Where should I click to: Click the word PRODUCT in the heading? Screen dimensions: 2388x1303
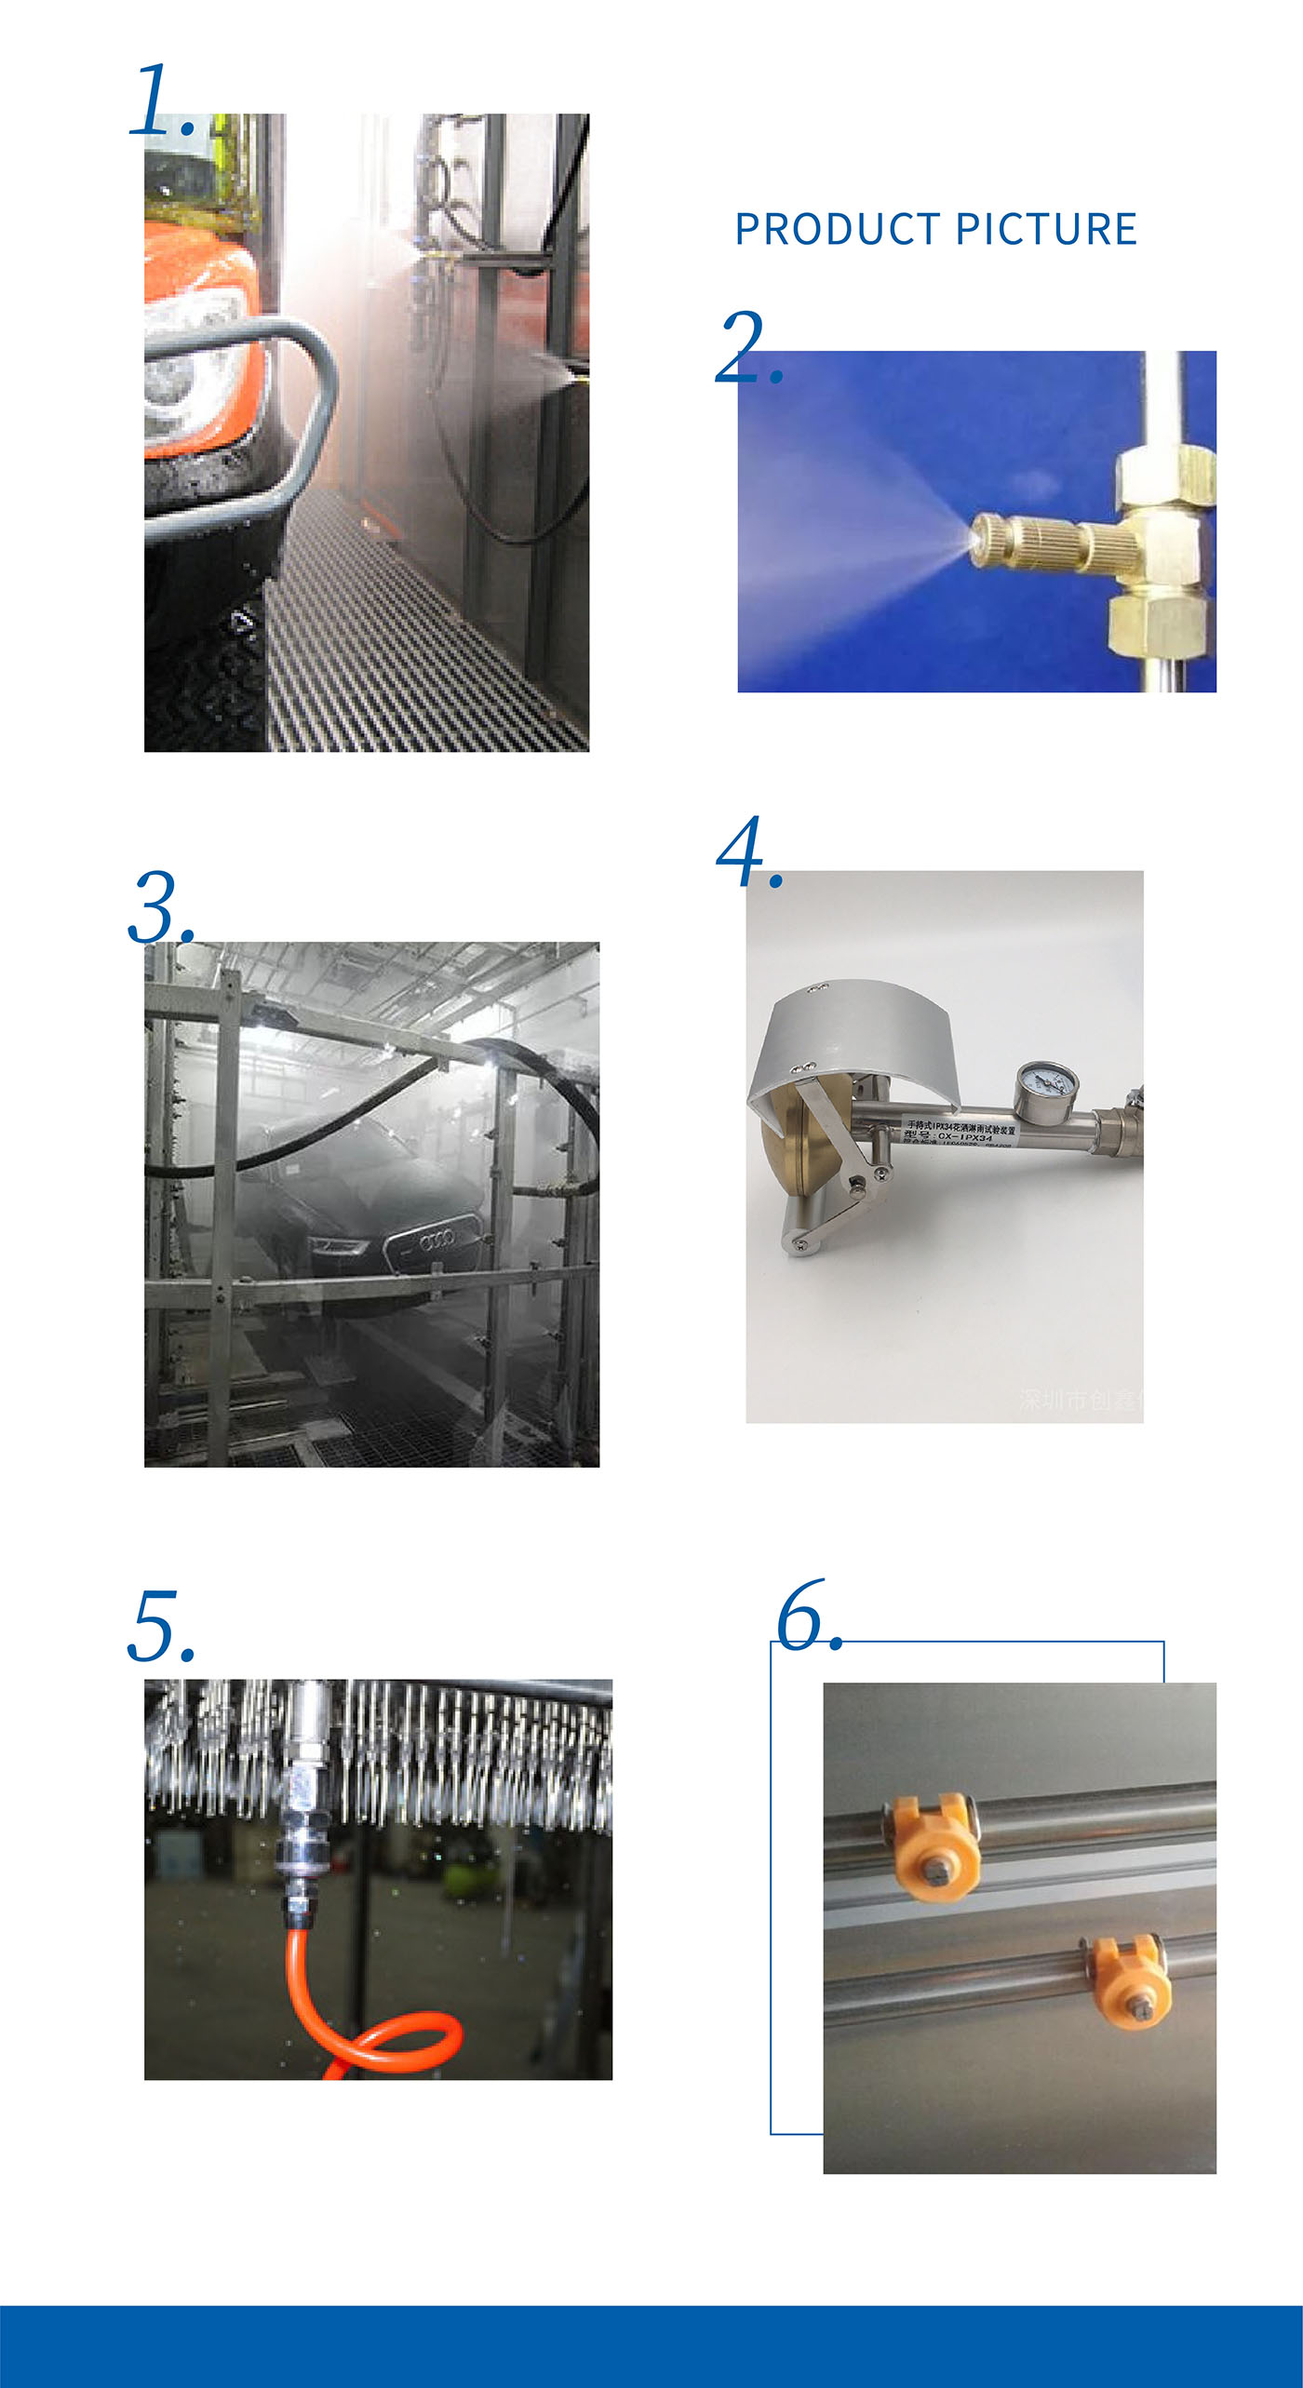tap(837, 229)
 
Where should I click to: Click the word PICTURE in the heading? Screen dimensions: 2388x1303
tap(1046, 229)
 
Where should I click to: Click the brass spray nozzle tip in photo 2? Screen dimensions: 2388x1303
tap(982, 541)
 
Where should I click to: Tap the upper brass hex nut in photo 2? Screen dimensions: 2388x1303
tap(1164, 475)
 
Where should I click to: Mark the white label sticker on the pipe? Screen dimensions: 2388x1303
tap(959, 1132)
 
